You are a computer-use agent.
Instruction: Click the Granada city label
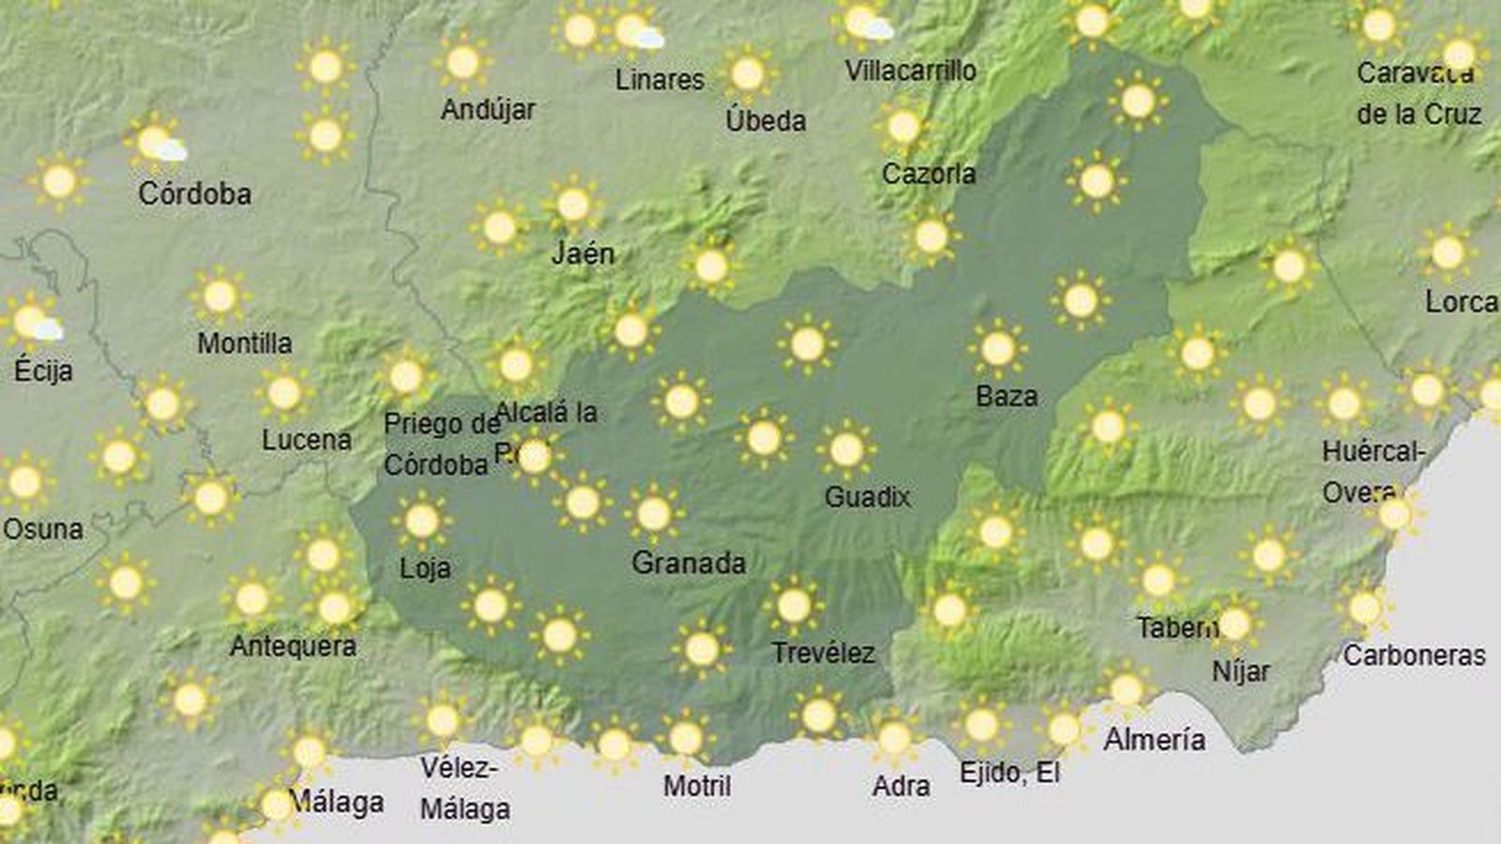pos(689,563)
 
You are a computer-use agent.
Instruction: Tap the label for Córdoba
pos(194,193)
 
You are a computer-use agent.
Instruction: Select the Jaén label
pos(583,253)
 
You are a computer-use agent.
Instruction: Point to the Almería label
pos(1154,739)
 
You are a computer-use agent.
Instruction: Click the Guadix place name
pos(867,496)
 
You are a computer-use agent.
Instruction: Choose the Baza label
pos(1007,396)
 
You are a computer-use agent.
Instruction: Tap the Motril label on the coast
pos(696,785)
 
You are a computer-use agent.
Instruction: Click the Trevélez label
pos(823,653)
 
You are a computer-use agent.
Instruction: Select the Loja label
pos(425,567)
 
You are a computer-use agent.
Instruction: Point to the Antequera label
pos(293,645)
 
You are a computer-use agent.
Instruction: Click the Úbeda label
pos(766,120)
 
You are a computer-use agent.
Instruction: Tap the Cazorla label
pos(929,173)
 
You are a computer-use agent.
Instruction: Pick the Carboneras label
pos(1414,655)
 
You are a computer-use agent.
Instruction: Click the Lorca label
pos(1461,302)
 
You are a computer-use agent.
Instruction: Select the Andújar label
pos(488,110)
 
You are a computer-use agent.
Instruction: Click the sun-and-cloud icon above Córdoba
pos(159,143)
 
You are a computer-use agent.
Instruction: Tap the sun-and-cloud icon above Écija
pos(36,323)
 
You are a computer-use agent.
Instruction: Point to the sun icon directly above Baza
pos(997,348)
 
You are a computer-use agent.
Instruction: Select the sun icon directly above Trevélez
pos(794,606)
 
